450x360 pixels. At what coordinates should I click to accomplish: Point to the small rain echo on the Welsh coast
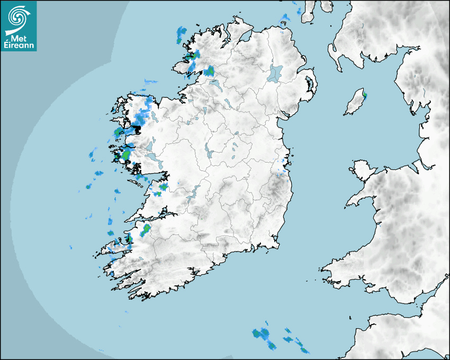(x=380, y=226)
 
